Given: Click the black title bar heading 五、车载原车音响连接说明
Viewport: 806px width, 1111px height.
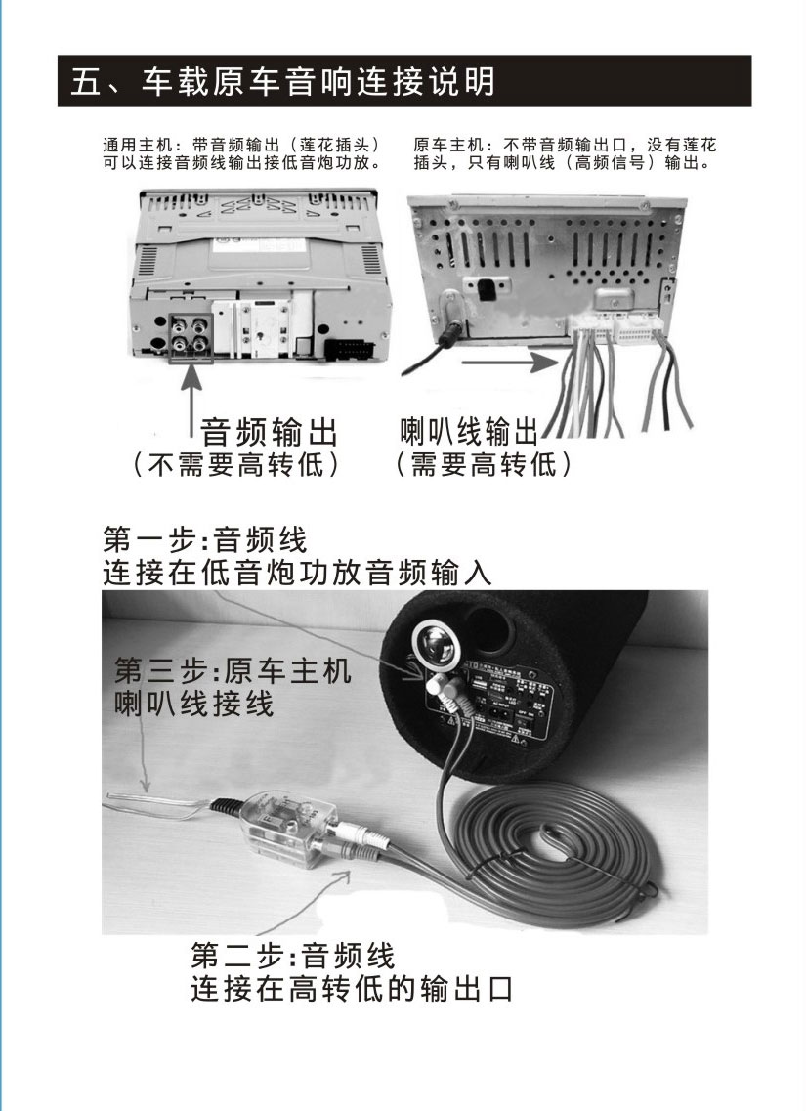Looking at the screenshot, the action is [404, 81].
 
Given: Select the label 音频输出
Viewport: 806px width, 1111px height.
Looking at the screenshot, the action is [269, 432].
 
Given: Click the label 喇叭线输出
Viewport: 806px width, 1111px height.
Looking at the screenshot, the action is [469, 432].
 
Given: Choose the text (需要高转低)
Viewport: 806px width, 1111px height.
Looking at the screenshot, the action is [483, 465].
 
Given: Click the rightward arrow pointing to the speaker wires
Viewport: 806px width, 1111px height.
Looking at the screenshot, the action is [509, 363].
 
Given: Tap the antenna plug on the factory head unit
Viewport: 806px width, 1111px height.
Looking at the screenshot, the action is [452, 323].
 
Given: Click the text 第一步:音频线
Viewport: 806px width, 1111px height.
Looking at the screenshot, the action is [205, 540].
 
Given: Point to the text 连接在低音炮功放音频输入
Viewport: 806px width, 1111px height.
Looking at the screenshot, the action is [297, 573].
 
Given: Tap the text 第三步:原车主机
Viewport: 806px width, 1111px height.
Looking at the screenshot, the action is [233, 670].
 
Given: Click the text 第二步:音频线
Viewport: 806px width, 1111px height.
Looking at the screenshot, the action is [292, 956].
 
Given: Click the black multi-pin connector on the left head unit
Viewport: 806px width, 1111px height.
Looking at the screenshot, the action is [349, 348].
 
